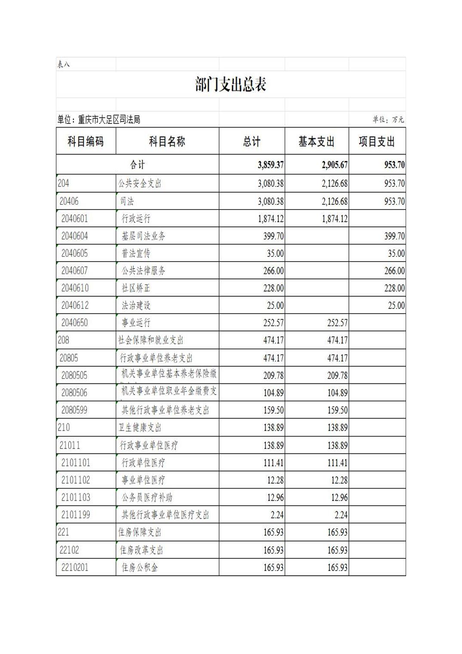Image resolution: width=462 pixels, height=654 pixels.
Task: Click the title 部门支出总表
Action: pos(231,84)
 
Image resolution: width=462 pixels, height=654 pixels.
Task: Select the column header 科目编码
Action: pos(86,142)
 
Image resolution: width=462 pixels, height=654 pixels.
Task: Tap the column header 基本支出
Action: pos(317,142)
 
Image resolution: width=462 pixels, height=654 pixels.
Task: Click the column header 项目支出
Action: pos(377,142)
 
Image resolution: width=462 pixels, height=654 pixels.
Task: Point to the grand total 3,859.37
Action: pos(271,165)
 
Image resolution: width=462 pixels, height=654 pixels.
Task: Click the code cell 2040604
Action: pos(74,236)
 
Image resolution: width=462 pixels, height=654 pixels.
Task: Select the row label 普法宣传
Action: pos(136,253)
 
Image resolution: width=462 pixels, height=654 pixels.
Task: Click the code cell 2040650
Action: pos(74,323)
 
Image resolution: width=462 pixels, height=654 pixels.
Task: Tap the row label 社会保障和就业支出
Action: pos(151,340)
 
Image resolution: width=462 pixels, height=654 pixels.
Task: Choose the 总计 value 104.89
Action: pos(273,393)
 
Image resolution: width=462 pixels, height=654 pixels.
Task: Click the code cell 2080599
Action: pos(74,410)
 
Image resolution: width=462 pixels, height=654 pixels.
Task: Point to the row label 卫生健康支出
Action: pos(140,428)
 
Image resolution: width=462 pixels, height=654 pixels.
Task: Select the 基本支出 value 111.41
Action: pos(337,463)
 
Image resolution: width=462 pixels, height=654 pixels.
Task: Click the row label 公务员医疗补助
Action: pos(147,498)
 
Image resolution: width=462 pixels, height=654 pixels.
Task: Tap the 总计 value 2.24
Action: pos(276,515)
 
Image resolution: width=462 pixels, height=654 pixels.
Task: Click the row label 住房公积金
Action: pos(140,568)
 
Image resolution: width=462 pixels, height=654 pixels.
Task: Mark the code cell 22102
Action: pos(69,550)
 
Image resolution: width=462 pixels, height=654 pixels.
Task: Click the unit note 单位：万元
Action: pos(388,120)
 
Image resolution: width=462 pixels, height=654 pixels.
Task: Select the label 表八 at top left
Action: pos(63,65)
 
